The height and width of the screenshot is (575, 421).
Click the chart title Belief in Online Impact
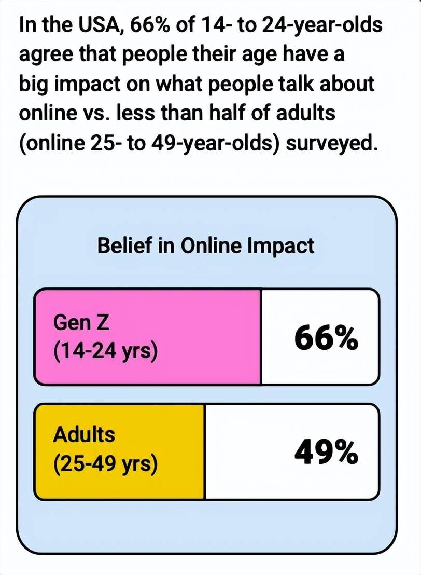pos(206,245)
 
